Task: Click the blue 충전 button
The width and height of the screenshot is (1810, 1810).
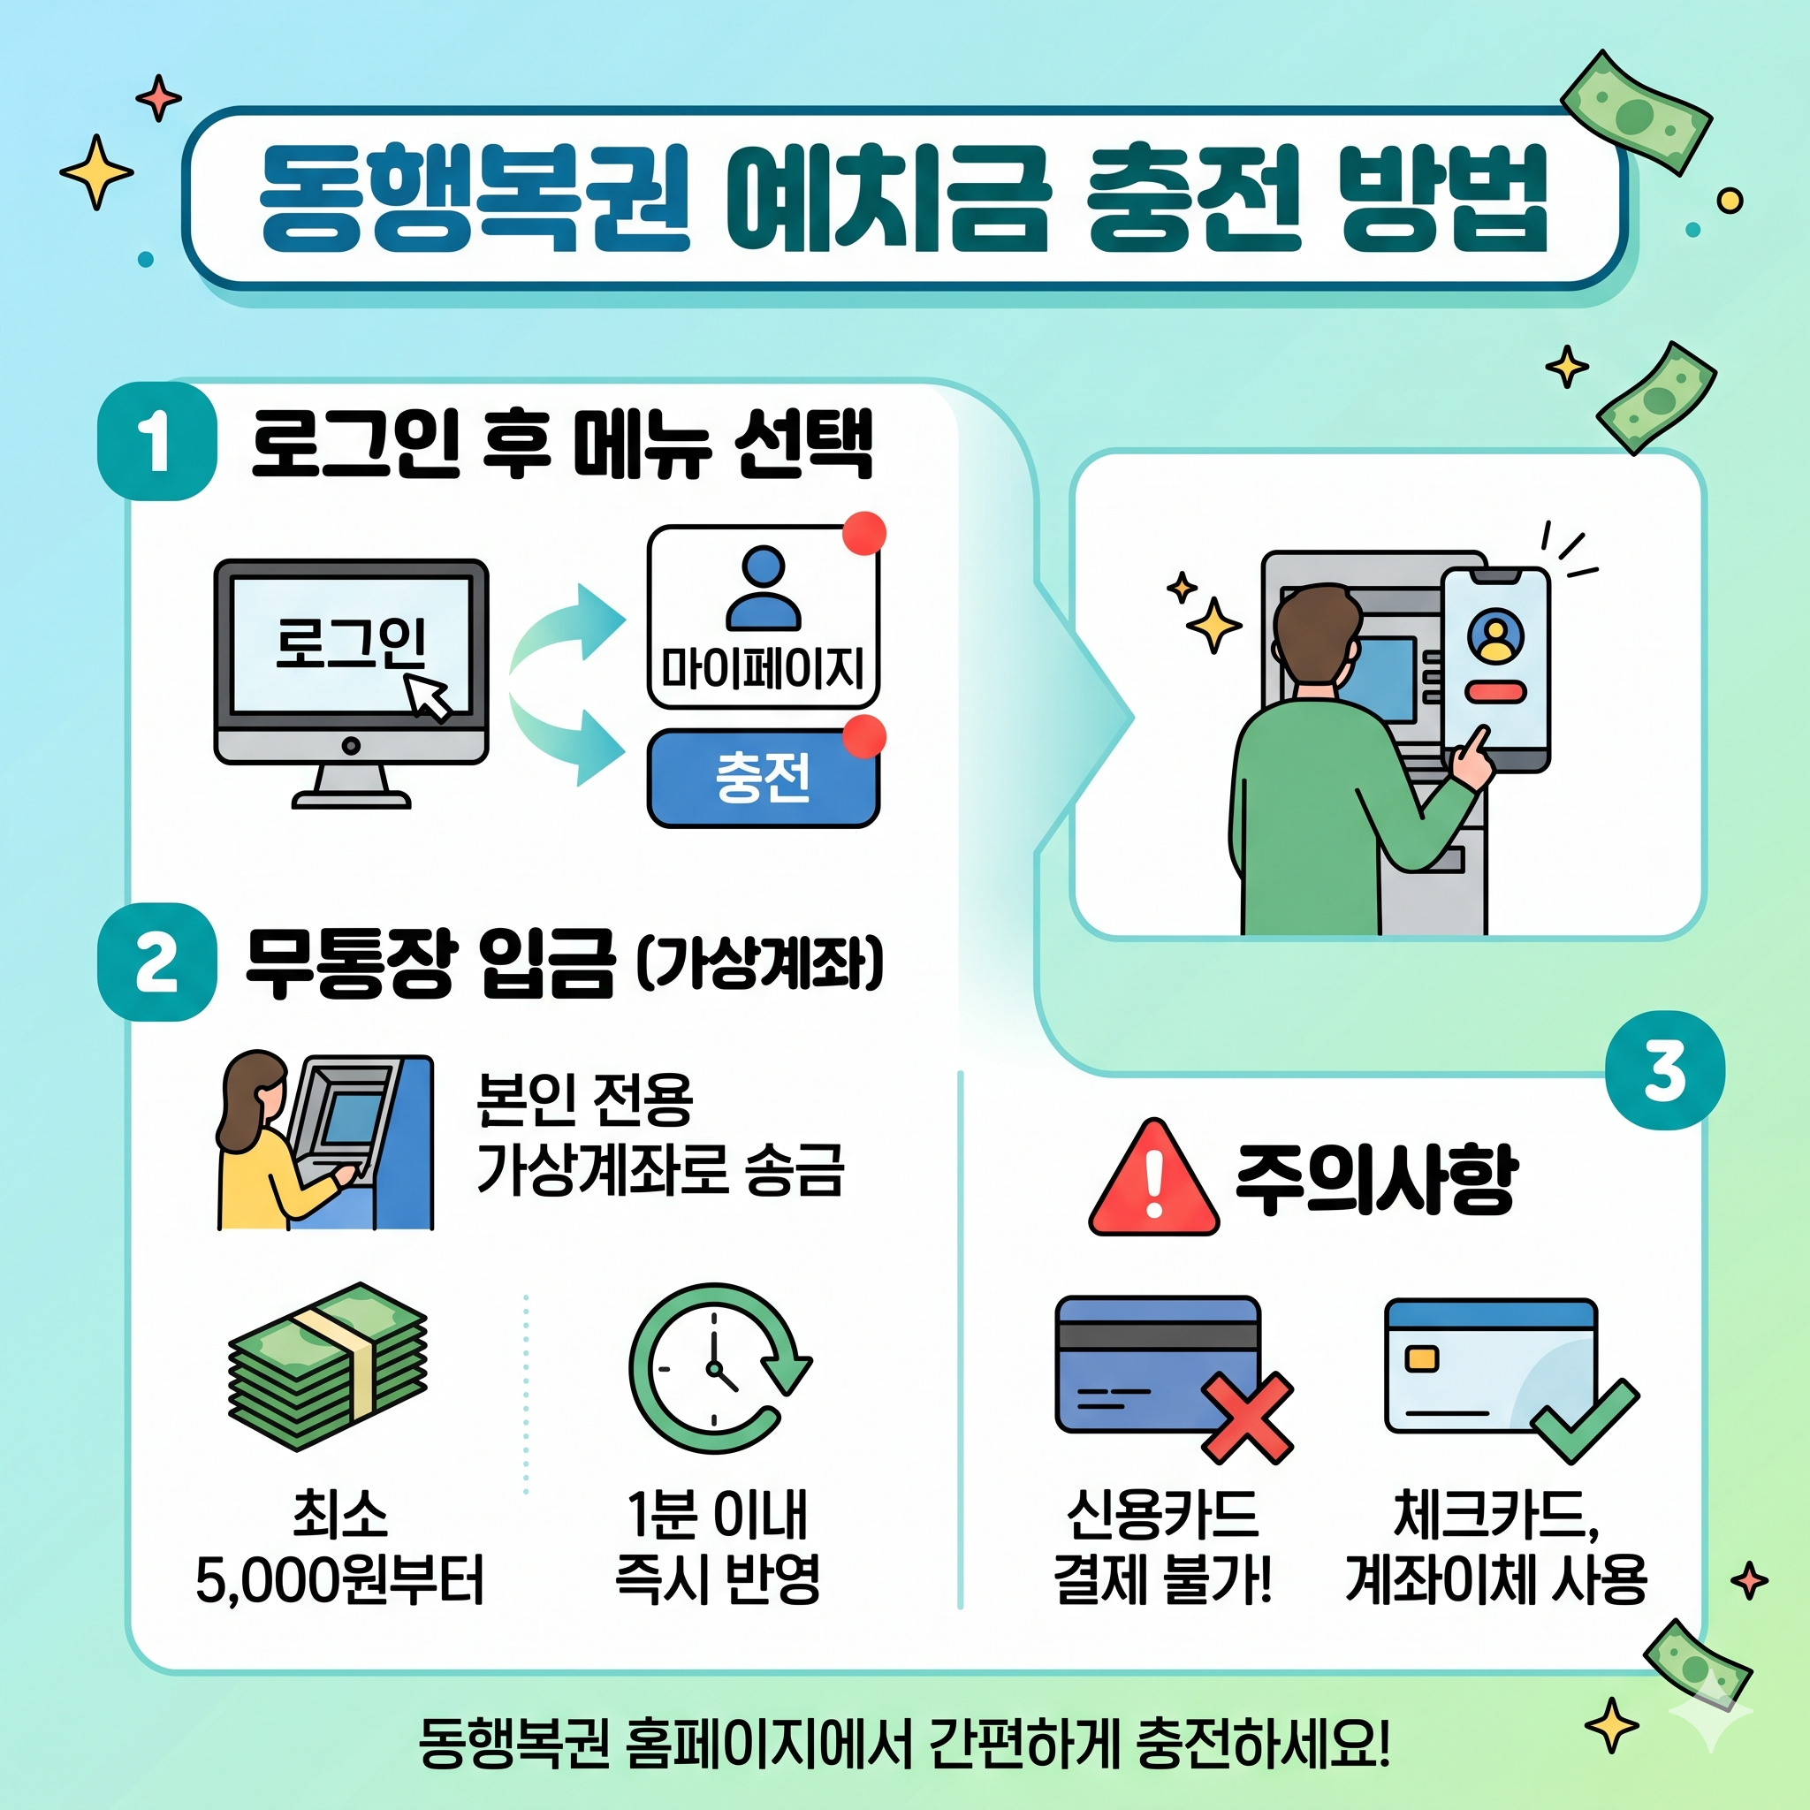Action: pyautogui.click(x=763, y=778)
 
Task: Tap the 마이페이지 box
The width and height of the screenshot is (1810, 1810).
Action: pyautogui.click(x=763, y=618)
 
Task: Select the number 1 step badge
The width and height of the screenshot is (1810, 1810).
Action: pyautogui.click(x=156, y=440)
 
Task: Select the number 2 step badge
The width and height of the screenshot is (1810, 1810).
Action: pyautogui.click(x=156, y=962)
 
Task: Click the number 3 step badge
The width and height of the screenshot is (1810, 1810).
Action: pyautogui.click(x=1665, y=1071)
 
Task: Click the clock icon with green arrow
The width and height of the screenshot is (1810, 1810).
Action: pyautogui.click(x=717, y=1369)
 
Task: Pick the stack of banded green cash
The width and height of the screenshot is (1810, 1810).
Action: pyautogui.click(x=328, y=1367)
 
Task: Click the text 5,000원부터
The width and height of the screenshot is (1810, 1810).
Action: pyautogui.click(x=339, y=1582)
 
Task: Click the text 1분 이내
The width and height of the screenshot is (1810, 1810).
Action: pyautogui.click(x=717, y=1514)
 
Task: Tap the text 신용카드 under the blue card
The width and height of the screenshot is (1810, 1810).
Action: pyautogui.click(x=1163, y=1514)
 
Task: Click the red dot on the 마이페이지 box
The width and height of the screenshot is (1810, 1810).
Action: pyautogui.click(x=863, y=533)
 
